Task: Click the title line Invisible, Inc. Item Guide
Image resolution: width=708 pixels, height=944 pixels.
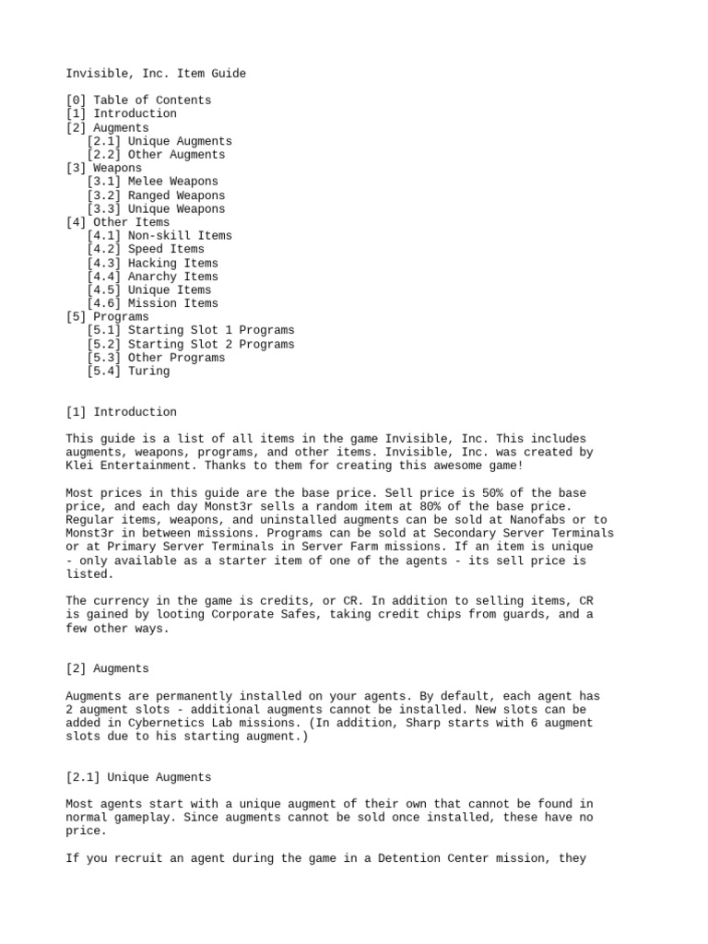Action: pyautogui.click(x=156, y=73)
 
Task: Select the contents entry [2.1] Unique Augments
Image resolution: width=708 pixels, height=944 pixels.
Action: pyautogui.click(x=159, y=141)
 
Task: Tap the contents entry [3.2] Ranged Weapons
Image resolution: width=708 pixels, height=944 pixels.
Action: pyautogui.click(x=156, y=195)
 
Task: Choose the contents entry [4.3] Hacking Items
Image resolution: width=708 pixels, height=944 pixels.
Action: pyautogui.click(x=152, y=263)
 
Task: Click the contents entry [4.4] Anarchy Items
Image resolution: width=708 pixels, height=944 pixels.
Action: pyautogui.click(x=152, y=277)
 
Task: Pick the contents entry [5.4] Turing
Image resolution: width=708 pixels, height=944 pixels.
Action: pyautogui.click(x=128, y=371)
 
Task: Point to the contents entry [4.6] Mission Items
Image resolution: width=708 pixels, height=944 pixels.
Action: pyautogui.click(x=152, y=303)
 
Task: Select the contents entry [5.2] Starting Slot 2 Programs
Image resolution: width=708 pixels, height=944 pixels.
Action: pyautogui.click(x=191, y=344)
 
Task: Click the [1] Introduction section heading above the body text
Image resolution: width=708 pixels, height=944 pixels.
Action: pyautogui.click(x=121, y=412)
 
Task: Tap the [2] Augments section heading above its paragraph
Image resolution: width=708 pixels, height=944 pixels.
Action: pyautogui.click(x=107, y=668)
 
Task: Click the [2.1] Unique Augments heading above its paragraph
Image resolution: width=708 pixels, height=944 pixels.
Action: pyautogui.click(x=138, y=777)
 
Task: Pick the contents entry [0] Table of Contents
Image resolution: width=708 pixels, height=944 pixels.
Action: pyautogui.click(x=138, y=100)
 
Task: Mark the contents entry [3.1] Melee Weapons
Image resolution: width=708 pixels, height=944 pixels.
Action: pyautogui.click(x=152, y=182)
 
